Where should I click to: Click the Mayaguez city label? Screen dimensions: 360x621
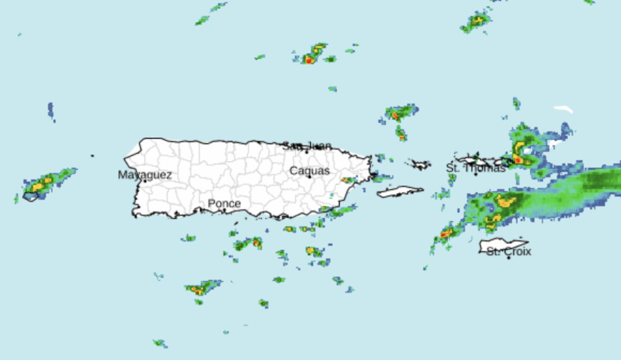click(145, 175)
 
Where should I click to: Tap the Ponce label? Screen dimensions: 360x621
click(224, 204)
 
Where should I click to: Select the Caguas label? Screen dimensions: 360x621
click(309, 170)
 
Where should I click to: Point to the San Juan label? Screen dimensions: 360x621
click(307, 146)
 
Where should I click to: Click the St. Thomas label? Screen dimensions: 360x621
click(476, 168)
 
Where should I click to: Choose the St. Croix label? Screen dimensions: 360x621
click(509, 251)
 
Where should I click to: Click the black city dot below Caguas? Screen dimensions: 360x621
click(309, 176)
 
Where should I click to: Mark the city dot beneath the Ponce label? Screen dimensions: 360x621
click(224, 210)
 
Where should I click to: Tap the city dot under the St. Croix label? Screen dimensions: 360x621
click(509, 258)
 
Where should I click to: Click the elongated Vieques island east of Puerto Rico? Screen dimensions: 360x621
click(400, 192)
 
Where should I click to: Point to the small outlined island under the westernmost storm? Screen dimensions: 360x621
click(31, 197)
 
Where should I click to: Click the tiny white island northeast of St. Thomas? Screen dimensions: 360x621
click(563, 109)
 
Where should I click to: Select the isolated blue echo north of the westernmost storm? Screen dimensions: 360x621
click(51, 111)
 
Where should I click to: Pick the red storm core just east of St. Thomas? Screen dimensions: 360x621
click(517, 160)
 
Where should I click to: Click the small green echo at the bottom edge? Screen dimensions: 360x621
click(160, 343)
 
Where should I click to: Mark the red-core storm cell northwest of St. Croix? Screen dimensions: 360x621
click(446, 234)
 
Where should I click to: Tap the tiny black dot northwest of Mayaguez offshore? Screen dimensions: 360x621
click(93, 156)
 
